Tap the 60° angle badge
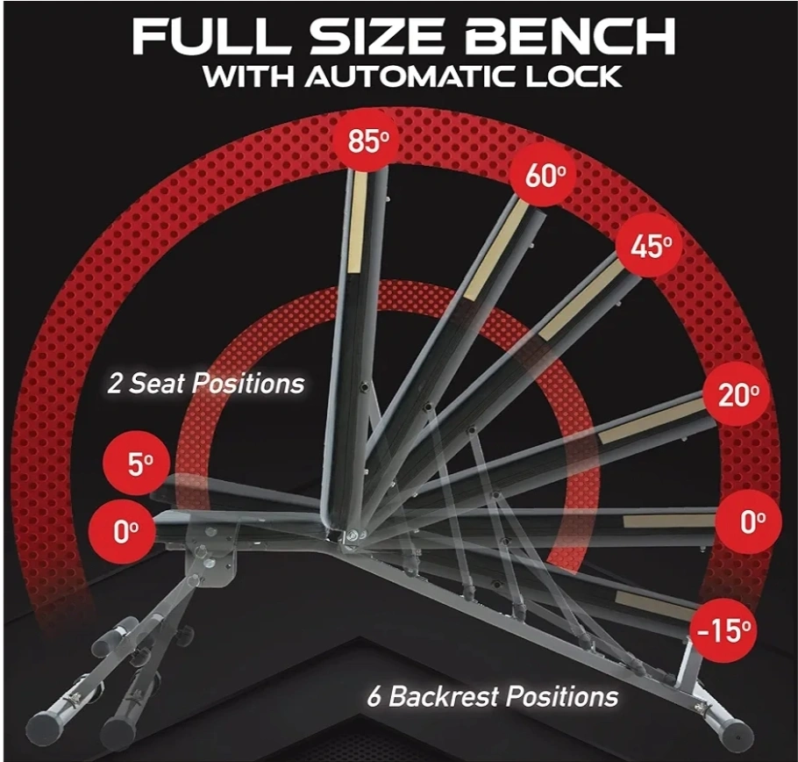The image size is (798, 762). [544, 176]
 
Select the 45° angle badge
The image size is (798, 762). [650, 246]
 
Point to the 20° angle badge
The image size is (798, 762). [737, 394]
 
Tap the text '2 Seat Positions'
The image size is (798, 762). [205, 383]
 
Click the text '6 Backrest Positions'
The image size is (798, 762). [493, 696]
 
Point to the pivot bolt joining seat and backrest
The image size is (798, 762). [353, 535]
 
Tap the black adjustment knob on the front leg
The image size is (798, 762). [188, 635]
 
